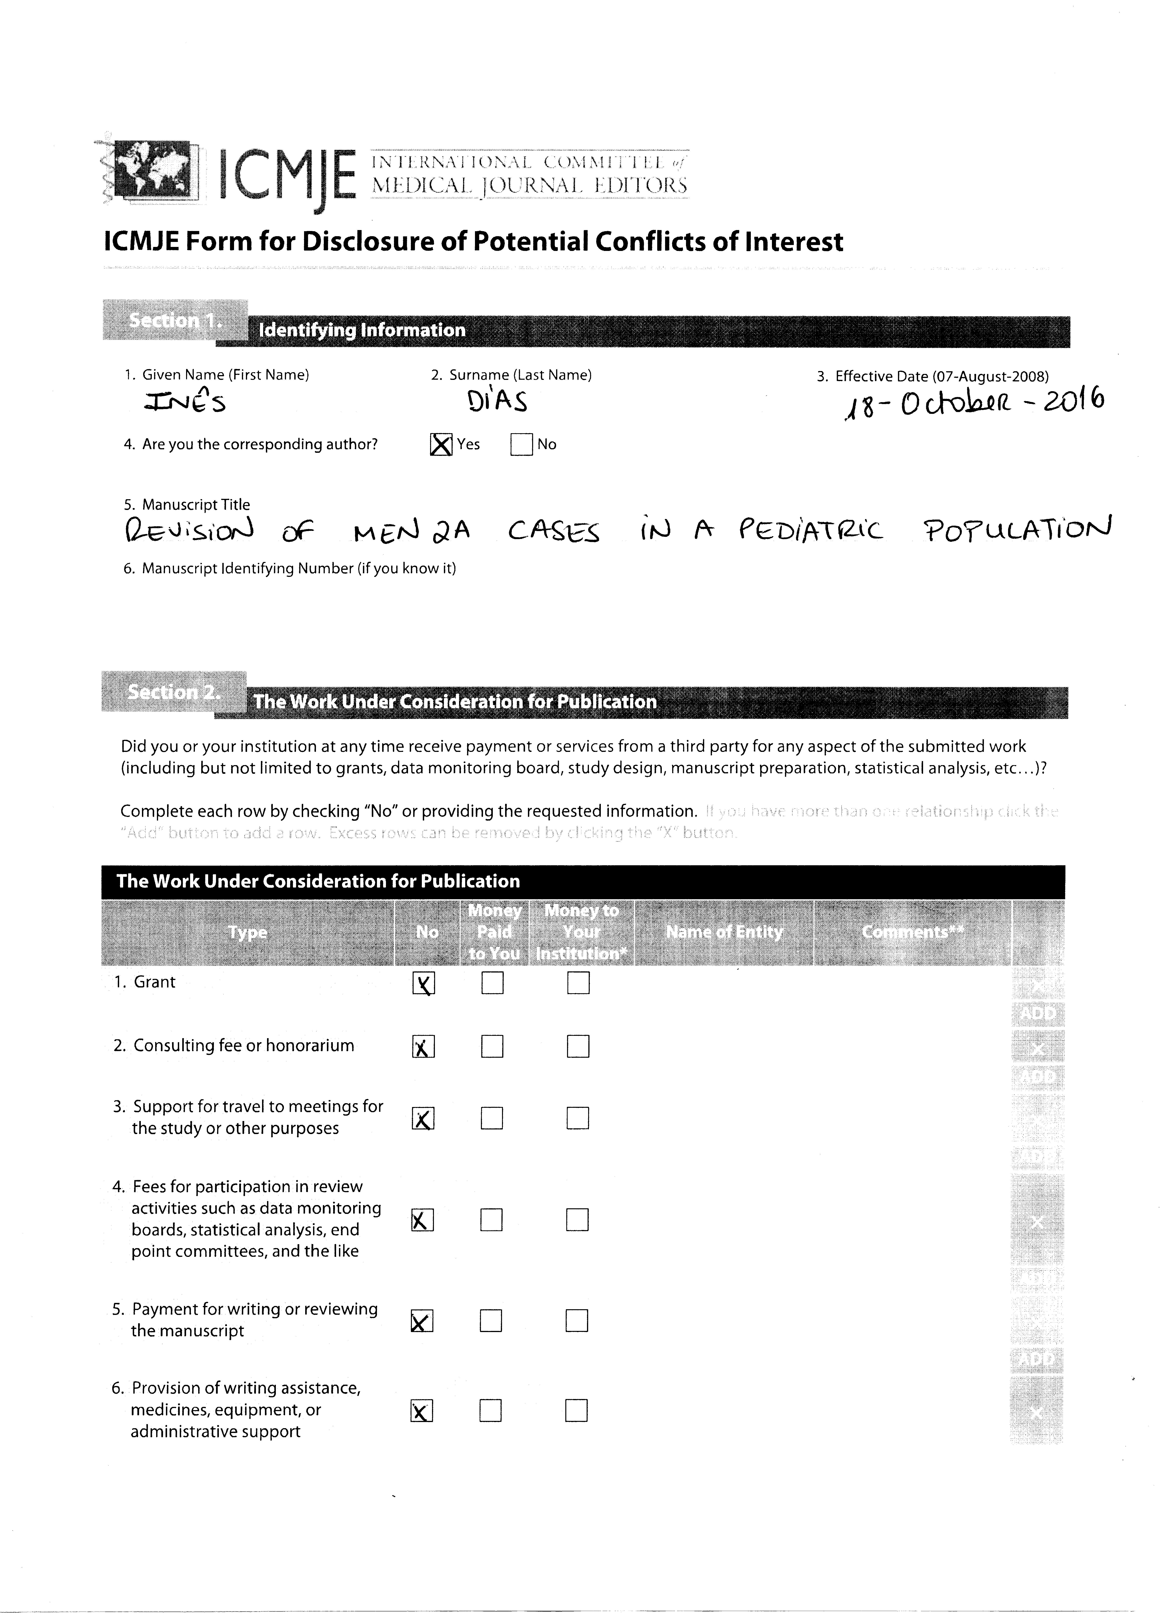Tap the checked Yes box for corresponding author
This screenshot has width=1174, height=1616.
pos(442,445)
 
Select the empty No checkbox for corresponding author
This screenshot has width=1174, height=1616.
pos(521,445)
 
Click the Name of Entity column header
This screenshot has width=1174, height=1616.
pos(724,932)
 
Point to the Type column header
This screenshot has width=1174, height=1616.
pos(247,932)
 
